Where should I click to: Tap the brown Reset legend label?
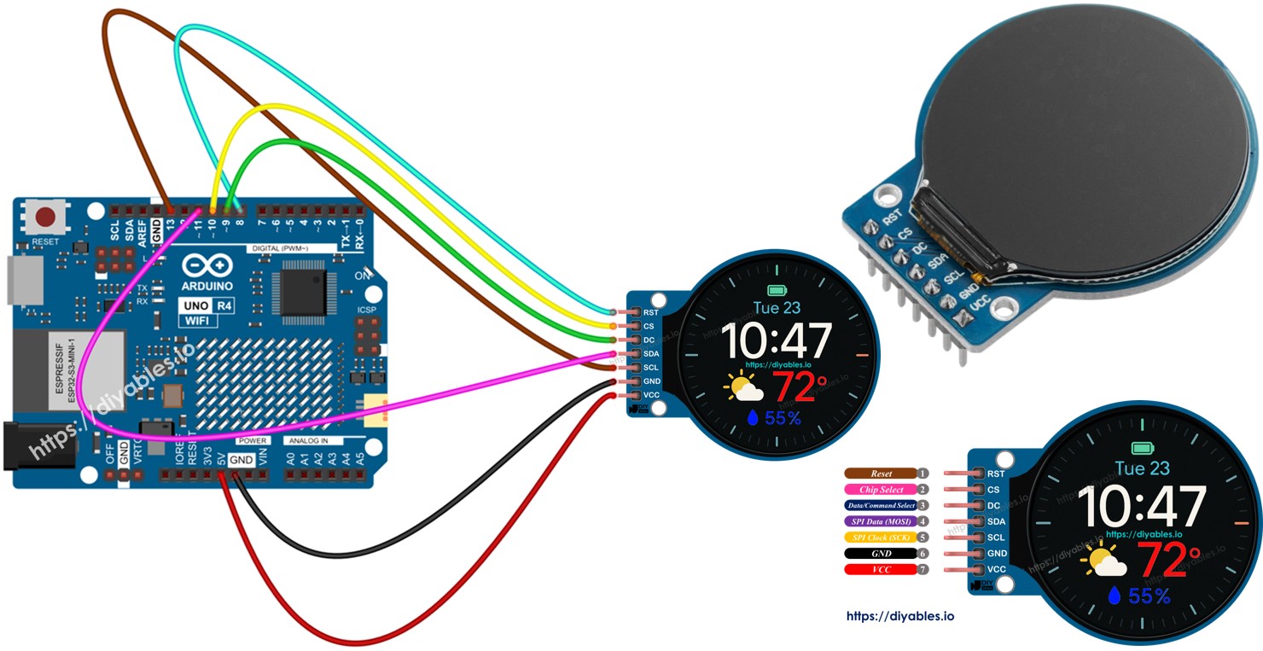tap(881, 474)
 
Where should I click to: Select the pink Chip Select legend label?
tap(881, 490)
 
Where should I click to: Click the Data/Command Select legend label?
tap(881, 506)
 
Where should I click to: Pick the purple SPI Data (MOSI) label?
tap(881, 521)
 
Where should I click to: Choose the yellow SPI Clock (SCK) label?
tap(881, 538)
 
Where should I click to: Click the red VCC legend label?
tap(881, 569)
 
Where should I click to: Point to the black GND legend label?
tap(881, 554)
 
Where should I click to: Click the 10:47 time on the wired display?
tap(777, 341)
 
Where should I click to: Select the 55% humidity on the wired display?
tap(775, 418)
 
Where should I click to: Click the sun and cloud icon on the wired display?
tap(743, 389)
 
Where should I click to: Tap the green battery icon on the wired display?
tap(777, 290)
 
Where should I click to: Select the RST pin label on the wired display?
tap(650, 313)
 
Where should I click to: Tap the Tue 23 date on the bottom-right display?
tap(1142, 468)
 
